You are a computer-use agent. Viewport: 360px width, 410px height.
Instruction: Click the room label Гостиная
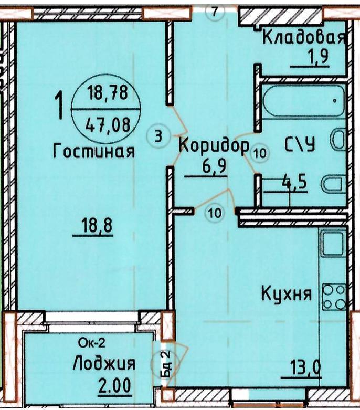point(94,151)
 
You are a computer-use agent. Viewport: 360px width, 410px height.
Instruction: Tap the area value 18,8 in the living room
point(97,225)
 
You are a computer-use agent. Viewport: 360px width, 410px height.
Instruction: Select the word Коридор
point(214,146)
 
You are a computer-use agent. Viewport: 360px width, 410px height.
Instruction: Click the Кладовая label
point(304,37)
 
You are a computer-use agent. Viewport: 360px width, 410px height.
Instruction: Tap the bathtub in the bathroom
point(303,101)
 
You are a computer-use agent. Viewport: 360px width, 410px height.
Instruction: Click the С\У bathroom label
point(300,144)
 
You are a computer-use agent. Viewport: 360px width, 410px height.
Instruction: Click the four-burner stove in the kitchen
point(334,297)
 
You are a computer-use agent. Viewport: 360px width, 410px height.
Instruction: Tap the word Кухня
point(287,293)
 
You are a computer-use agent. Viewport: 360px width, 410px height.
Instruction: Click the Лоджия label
point(104,364)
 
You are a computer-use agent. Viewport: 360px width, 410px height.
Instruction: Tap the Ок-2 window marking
point(92,343)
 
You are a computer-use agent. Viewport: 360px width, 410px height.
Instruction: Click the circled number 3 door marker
point(158,136)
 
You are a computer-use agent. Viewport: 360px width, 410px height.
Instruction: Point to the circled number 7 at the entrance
point(215,12)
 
